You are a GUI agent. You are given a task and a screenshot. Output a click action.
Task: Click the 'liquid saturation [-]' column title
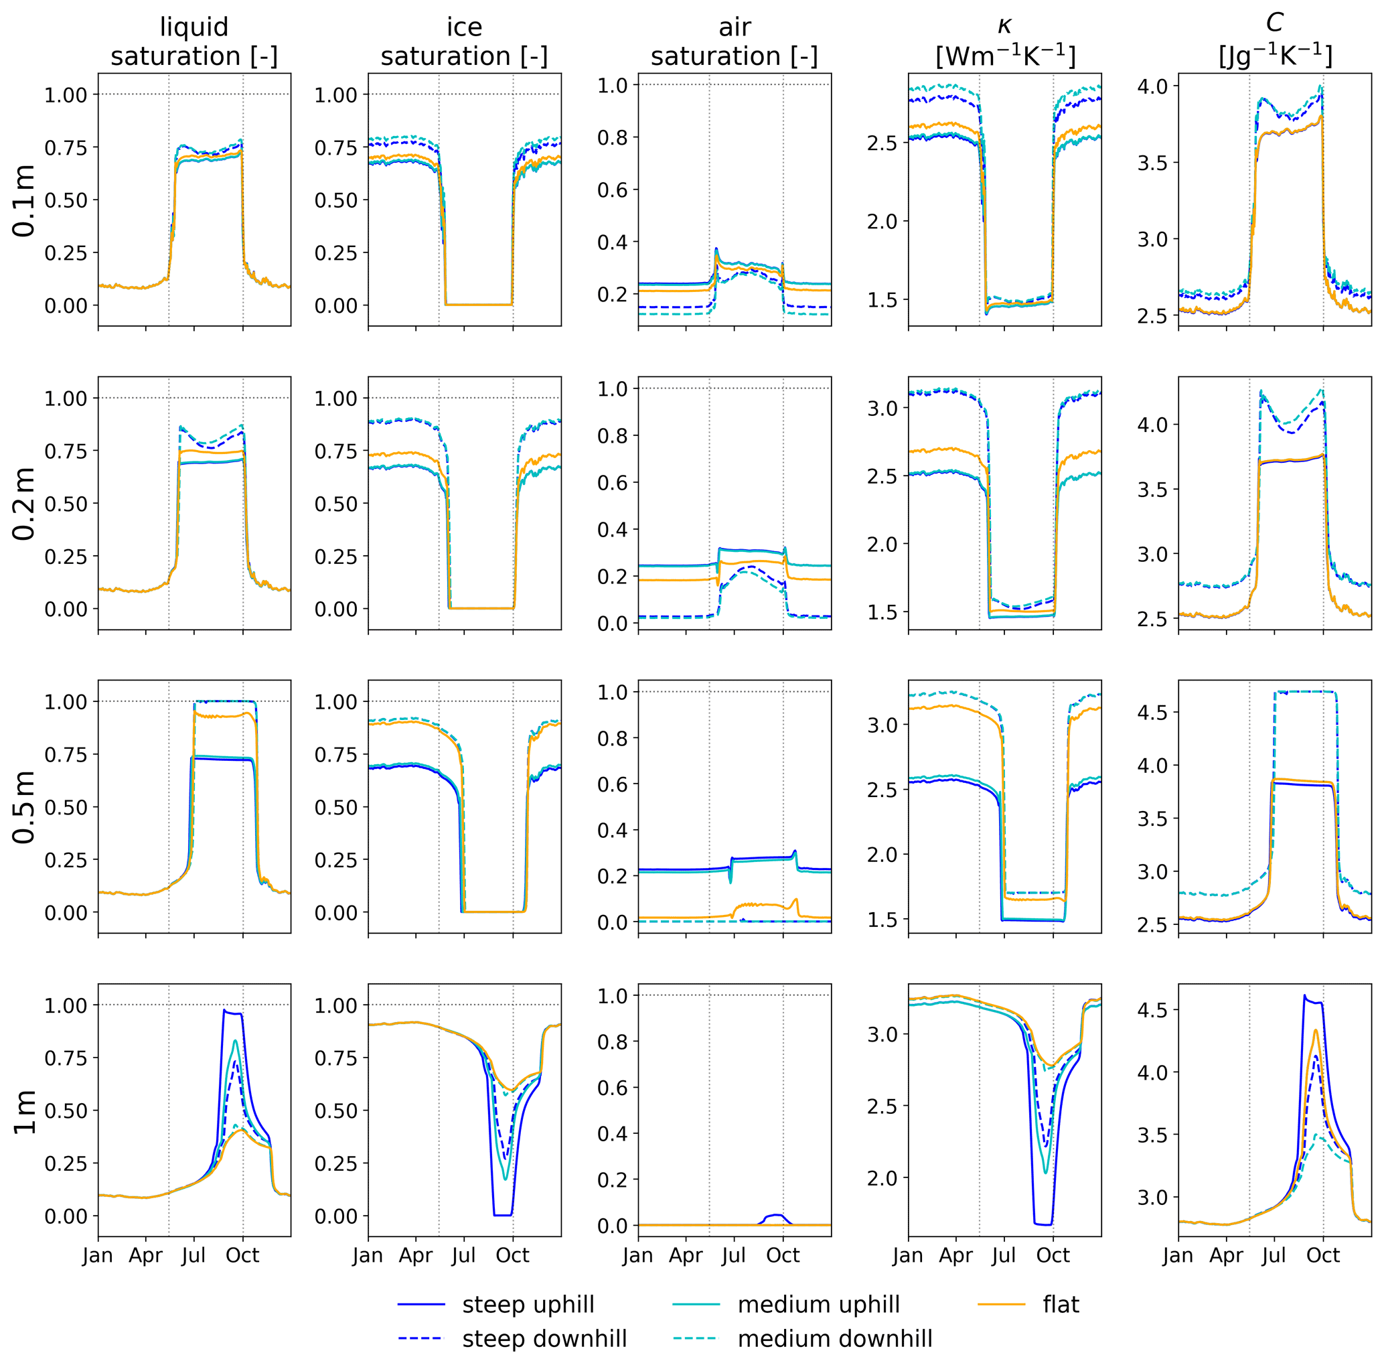point(194,42)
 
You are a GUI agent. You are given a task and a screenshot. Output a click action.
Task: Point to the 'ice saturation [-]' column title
point(464,42)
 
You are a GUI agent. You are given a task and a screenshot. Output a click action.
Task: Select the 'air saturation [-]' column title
point(735,42)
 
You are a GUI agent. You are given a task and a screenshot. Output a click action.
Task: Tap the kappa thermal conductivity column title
point(1005,42)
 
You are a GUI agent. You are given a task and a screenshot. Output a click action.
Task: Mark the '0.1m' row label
point(24,200)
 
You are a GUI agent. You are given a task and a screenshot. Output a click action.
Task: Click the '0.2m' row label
point(24,503)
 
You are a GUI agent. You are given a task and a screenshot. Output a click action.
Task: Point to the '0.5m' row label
point(24,807)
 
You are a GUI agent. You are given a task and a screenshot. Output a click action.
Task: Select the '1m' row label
point(24,1112)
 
